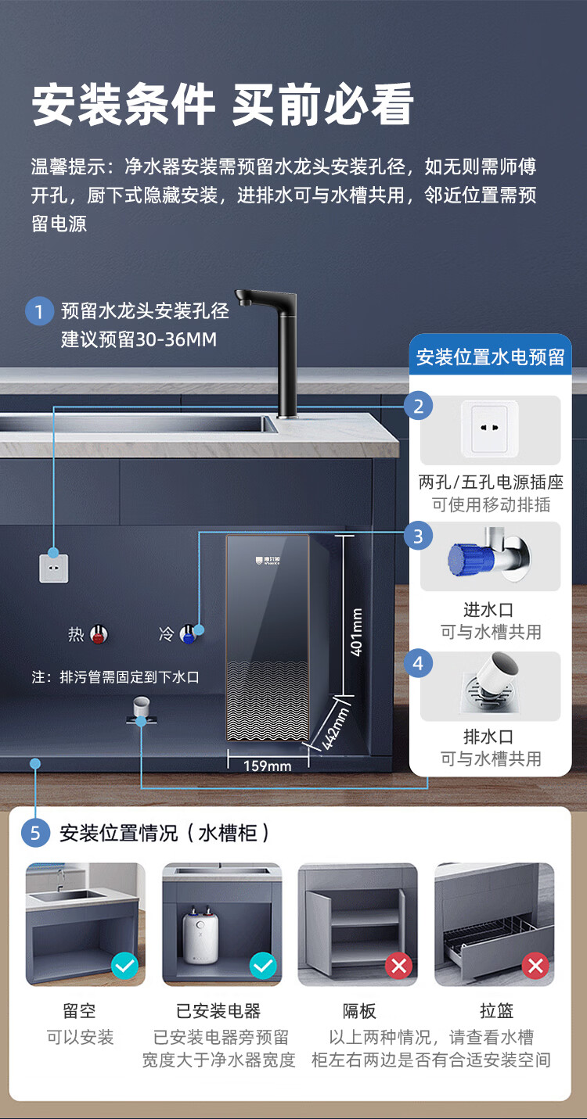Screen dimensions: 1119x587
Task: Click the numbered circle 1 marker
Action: click(38, 311)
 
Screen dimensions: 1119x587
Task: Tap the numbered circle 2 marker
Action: click(418, 406)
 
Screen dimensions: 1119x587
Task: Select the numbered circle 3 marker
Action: click(418, 536)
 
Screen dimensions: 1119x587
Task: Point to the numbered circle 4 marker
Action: click(418, 664)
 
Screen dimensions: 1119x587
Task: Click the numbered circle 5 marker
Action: click(35, 833)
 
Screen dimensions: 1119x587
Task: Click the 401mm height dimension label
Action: click(356, 632)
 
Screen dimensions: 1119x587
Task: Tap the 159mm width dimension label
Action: click(267, 766)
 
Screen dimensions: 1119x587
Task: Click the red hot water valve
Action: click(98, 634)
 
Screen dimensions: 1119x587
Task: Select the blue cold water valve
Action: click(187, 633)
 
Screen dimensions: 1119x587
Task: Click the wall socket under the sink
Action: click(54, 568)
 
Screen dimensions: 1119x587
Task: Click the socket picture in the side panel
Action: click(490, 431)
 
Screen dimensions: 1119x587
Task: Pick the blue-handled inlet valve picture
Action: click(489, 557)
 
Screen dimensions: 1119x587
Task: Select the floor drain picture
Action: click(491, 686)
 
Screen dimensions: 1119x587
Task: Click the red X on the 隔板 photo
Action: click(398, 967)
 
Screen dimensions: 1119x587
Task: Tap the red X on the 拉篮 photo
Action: click(535, 967)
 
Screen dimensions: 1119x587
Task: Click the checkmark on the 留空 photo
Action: click(124, 967)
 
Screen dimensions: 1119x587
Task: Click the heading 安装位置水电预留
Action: click(490, 357)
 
